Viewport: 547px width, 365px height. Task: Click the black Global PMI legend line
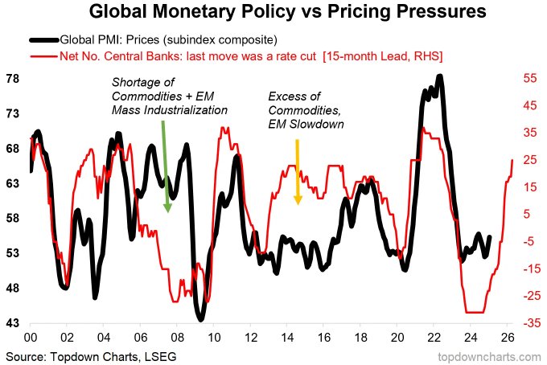[44, 40]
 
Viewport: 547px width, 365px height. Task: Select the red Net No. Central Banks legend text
[251, 56]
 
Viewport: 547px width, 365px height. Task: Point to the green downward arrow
[166, 166]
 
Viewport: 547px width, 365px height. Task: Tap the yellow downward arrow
[298, 172]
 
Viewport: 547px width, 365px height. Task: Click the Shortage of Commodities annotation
[170, 96]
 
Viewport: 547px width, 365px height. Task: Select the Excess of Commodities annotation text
[306, 110]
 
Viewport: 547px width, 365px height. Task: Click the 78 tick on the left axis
[13, 79]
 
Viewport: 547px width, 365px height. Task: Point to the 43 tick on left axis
[13, 323]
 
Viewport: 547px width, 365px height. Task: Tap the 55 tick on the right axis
[530, 78]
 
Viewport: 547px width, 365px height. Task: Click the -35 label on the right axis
[532, 323]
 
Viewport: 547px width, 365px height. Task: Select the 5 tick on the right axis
[526, 214]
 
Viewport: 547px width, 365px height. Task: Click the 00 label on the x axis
[31, 338]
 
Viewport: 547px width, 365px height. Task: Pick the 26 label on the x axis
[508, 338]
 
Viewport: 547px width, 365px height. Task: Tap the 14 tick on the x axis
[287, 338]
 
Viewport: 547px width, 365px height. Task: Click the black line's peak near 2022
[440, 76]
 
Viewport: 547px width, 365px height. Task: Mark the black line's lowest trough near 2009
[200, 318]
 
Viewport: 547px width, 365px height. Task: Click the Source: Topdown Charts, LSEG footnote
[91, 357]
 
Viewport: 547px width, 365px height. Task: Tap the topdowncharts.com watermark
[489, 357]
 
